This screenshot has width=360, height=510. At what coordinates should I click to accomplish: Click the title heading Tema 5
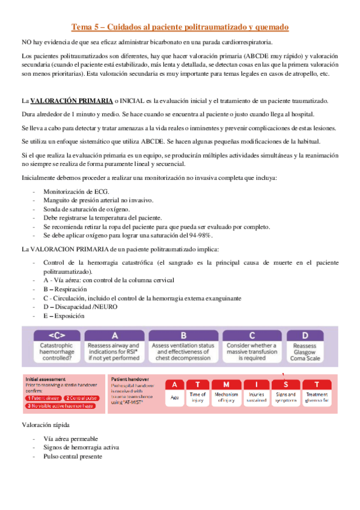coord(180,27)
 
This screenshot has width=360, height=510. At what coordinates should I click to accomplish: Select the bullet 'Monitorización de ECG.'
coord(75,191)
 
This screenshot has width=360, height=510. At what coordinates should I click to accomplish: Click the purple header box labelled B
coord(183,336)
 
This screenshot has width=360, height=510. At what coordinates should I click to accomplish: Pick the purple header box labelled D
coord(305,336)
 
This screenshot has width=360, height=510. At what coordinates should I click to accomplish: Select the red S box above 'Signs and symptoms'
coord(285,384)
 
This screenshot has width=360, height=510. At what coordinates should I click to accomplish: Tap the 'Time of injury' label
coord(198,398)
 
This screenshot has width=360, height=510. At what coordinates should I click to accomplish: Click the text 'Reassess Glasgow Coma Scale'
coord(305,352)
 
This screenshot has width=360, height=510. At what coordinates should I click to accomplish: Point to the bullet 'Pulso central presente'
coord(73,456)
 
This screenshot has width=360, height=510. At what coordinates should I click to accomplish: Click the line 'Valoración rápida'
coord(46,425)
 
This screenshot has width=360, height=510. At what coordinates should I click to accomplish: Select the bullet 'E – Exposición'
coord(64,316)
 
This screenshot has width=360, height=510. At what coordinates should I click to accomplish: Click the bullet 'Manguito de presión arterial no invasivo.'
coord(98,200)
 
